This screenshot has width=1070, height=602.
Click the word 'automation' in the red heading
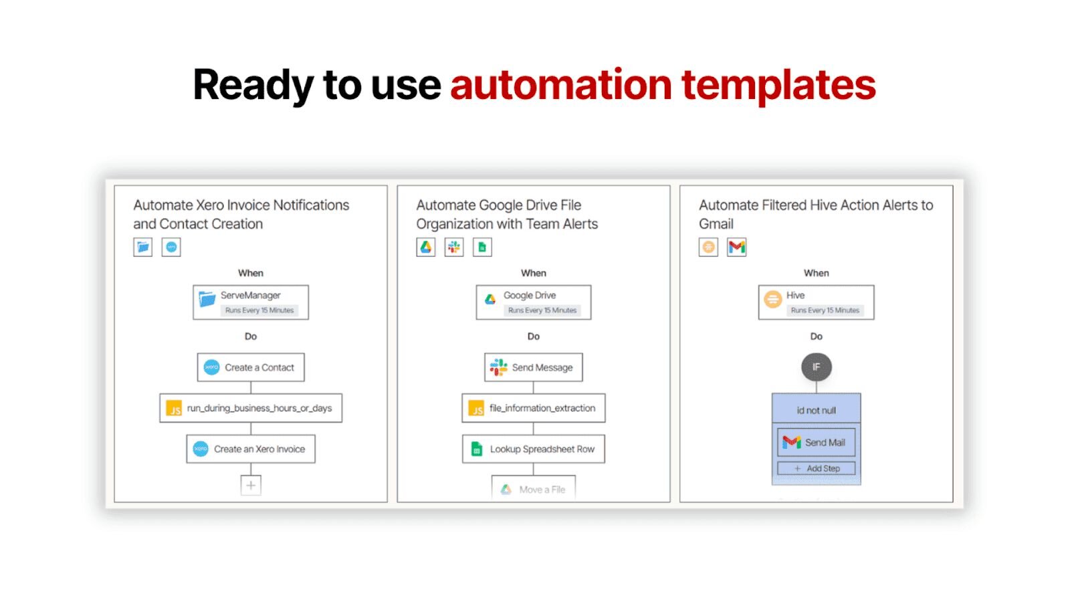(561, 84)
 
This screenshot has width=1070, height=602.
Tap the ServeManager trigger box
(251, 302)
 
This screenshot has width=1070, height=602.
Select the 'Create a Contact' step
(251, 367)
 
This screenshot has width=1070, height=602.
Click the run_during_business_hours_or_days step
(251, 408)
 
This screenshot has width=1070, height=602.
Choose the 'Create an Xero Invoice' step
(251, 449)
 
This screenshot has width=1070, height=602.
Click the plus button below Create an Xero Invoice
(251, 486)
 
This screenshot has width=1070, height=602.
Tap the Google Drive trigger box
(534, 302)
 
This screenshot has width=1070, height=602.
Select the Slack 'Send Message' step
(534, 367)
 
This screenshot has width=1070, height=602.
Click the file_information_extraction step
(534, 408)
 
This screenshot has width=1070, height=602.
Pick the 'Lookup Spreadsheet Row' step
(534, 449)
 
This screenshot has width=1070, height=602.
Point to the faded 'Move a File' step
(534, 488)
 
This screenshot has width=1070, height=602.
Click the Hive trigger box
(817, 302)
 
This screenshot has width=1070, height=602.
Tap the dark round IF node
(817, 367)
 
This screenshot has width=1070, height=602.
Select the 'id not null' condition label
(817, 411)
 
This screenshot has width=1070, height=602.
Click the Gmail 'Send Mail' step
(817, 442)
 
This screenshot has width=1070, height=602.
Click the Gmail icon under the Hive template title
(736, 247)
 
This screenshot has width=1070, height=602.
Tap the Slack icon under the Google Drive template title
(454, 247)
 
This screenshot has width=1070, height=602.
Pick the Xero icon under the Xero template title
(171, 247)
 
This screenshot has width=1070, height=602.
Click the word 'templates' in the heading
(778, 84)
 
